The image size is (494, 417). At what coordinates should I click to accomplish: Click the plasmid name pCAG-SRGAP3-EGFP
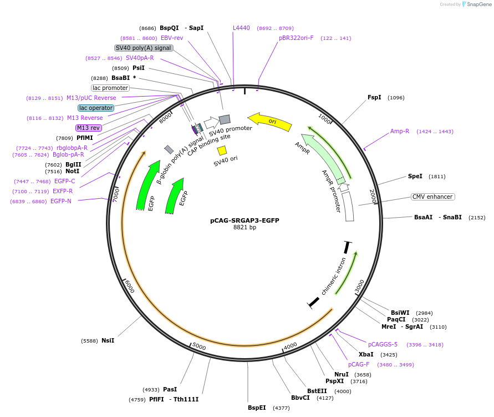[245, 220]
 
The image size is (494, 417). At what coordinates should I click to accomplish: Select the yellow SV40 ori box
[222, 150]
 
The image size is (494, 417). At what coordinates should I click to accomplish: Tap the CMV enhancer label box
[432, 197]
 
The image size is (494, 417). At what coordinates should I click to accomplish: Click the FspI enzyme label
[374, 98]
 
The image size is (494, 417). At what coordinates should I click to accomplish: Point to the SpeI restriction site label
[415, 177]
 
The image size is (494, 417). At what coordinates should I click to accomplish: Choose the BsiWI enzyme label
[400, 313]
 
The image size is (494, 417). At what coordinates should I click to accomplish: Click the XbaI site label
[366, 354]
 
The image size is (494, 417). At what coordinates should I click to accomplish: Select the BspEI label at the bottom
[257, 408]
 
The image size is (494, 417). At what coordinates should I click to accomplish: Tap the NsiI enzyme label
[108, 340]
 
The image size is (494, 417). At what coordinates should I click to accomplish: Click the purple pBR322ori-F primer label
[296, 38]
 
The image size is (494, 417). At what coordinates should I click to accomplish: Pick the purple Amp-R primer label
[399, 132]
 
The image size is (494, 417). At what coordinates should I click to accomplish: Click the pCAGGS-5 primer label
[383, 345]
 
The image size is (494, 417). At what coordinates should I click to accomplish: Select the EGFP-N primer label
[61, 202]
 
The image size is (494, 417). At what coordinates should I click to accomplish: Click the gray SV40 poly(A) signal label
[144, 48]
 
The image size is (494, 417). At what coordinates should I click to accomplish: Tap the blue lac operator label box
[96, 108]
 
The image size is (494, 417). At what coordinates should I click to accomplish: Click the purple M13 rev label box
[89, 128]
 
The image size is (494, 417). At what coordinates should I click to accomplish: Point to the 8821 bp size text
[245, 228]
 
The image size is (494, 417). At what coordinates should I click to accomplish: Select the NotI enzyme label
[73, 172]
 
